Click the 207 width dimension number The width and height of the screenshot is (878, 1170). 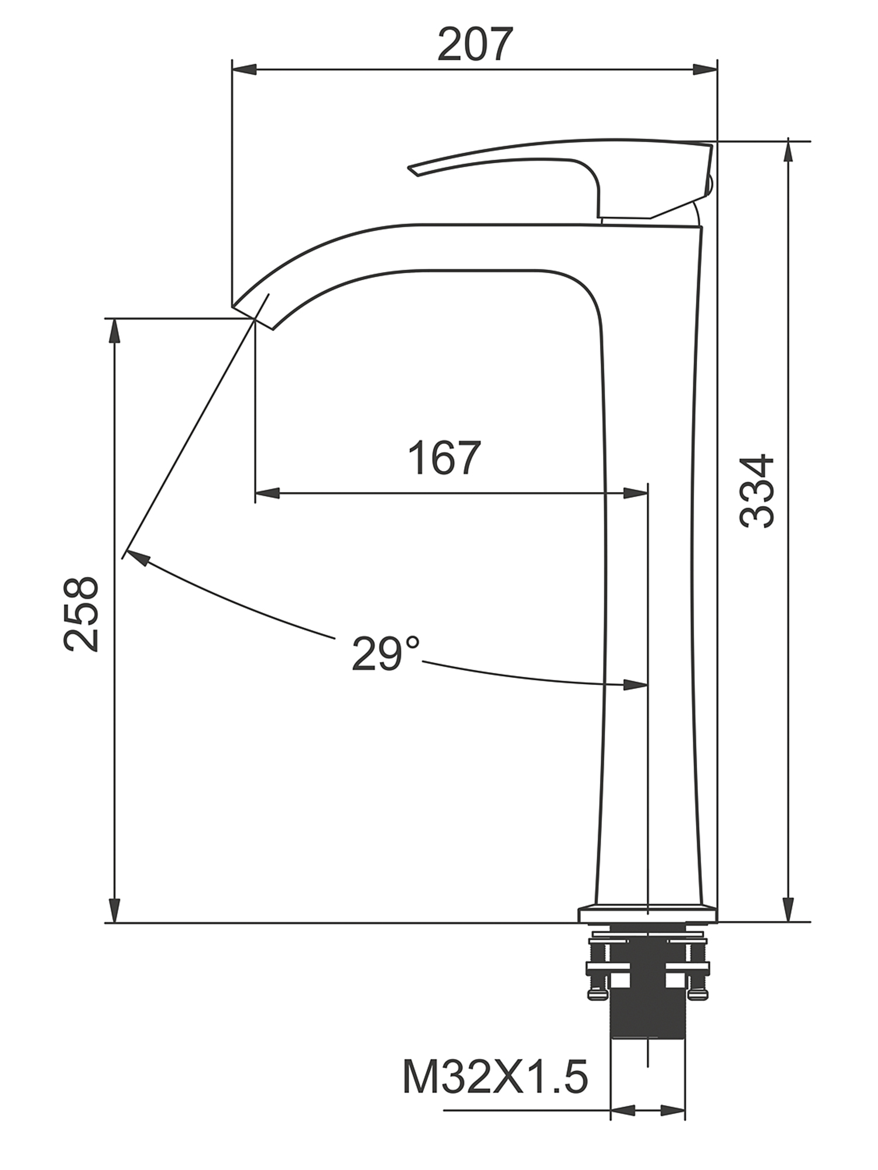click(x=475, y=44)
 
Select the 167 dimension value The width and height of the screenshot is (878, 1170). click(x=444, y=458)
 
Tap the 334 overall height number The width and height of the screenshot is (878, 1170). click(x=757, y=491)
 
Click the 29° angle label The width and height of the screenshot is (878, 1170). click(x=385, y=653)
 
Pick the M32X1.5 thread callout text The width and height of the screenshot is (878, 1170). click(x=495, y=1077)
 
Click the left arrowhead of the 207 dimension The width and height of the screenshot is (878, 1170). click(x=245, y=70)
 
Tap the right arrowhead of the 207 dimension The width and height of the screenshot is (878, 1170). click(x=705, y=70)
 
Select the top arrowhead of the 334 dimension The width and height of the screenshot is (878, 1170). click(x=788, y=154)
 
